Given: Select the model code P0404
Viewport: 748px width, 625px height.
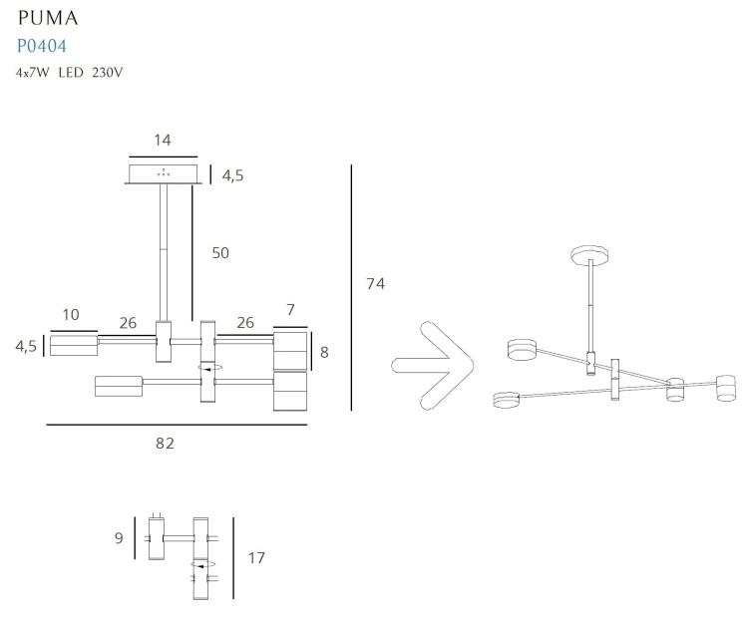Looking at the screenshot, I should point(42,46).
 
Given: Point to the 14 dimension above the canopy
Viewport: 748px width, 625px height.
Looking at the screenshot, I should point(163,140).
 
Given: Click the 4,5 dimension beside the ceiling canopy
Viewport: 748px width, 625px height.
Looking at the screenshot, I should point(232,175).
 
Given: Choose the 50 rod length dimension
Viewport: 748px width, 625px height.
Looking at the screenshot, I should point(220,253).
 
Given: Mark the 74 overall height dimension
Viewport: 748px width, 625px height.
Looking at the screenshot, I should point(375,284).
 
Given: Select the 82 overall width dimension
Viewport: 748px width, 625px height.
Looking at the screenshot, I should point(165,443).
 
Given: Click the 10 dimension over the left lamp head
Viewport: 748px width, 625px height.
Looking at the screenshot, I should point(71,315).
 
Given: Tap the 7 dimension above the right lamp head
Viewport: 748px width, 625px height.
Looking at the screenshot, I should point(290,311).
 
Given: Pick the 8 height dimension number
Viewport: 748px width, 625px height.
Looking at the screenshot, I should point(325,351).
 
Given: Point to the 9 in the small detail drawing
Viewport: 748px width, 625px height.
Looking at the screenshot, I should point(119,538).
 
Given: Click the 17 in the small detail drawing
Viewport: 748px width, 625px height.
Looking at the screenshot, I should point(256,558).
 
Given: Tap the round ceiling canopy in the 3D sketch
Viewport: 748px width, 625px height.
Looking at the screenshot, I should point(591,254).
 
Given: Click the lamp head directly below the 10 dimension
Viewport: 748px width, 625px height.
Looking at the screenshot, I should point(73,346).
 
